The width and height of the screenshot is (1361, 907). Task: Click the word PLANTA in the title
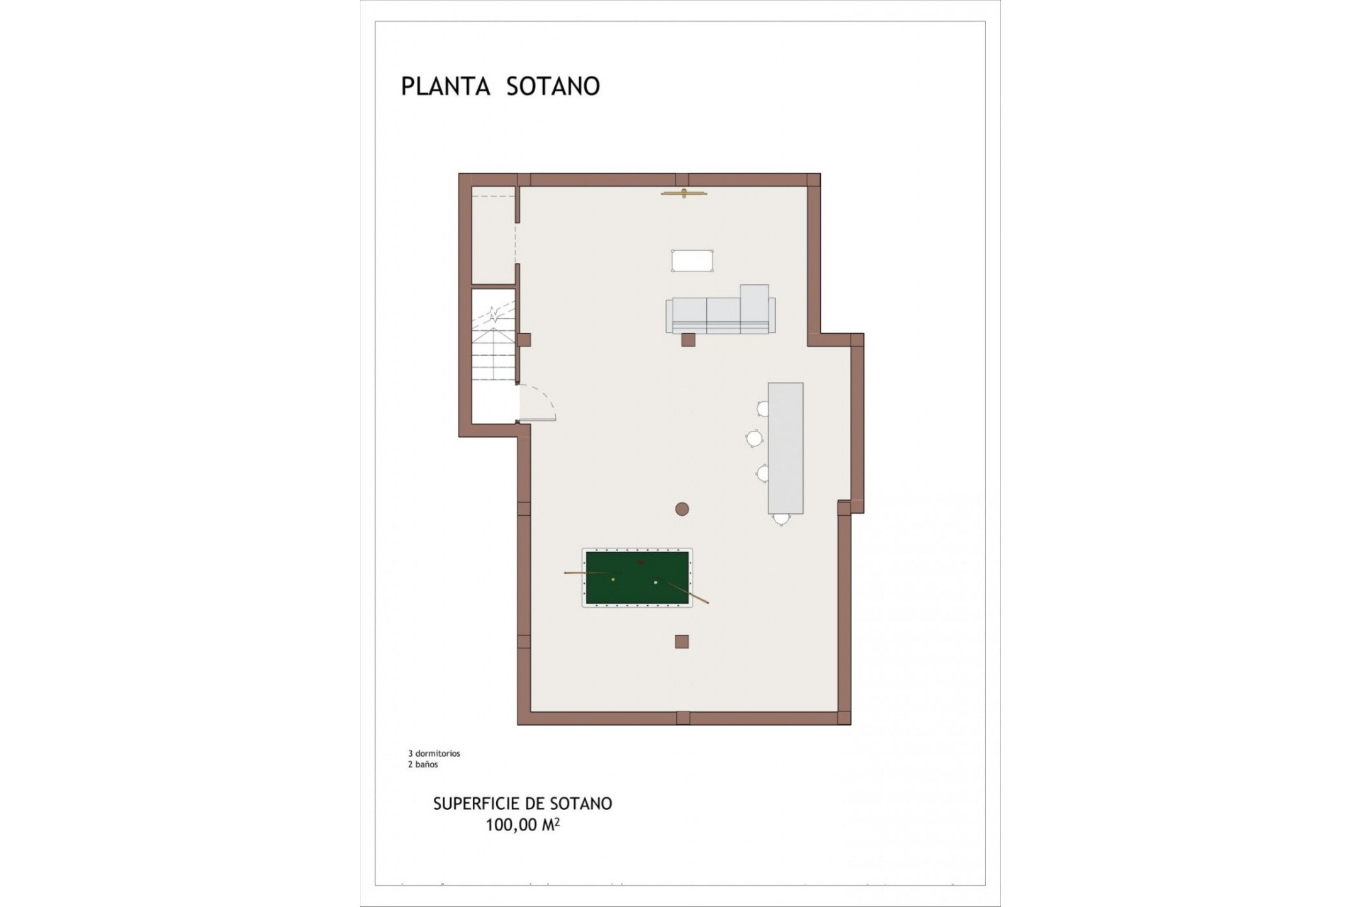pyautogui.click(x=445, y=86)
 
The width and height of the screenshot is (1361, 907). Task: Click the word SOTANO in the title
pyautogui.click(x=553, y=86)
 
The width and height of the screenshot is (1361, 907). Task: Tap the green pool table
pyautogui.click(x=637, y=578)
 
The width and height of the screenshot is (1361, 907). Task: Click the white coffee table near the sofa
pyautogui.click(x=692, y=261)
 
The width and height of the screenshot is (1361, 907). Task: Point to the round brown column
pyautogui.click(x=682, y=509)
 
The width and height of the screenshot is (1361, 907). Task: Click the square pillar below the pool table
pyautogui.click(x=682, y=642)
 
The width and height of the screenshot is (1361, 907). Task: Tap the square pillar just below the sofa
pyautogui.click(x=688, y=340)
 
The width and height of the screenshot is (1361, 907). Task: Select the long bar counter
pyautogui.click(x=785, y=448)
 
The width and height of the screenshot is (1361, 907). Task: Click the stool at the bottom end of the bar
pyautogui.click(x=781, y=519)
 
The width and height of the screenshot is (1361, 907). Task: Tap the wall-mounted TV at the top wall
pyautogui.click(x=684, y=193)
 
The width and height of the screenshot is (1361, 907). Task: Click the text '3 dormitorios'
pyautogui.click(x=434, y=753)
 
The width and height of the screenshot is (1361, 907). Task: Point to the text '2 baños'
pyautogui.click(x=422, y=765)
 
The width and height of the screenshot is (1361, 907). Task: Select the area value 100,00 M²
pyautogui.click(x=522, y=825)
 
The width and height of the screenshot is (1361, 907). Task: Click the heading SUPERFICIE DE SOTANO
pyautogui.click(x=522, y=804)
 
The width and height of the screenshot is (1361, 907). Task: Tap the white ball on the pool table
pyautogui.click(x=656, y=582)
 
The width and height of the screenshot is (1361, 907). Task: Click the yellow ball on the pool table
pyautogui.click(x=613, y=580)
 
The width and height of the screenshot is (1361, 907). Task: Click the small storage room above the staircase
pyautogui.click(x=493, y=236)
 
